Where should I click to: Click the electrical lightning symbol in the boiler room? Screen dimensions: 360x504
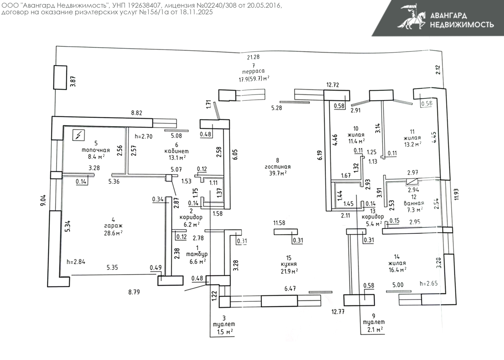coord(79,135)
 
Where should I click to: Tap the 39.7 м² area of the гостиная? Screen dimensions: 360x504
coord(278,173)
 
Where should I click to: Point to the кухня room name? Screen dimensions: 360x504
coord(289,264)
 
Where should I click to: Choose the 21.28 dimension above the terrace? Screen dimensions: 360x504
coord(253,57)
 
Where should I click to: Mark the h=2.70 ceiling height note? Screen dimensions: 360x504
coord(144,136)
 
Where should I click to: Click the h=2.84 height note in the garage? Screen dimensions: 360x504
coord(76,262)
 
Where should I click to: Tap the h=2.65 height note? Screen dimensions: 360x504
coord(428,283)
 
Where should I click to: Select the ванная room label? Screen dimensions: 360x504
coord(414,203)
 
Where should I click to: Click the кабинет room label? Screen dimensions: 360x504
coord(176,151)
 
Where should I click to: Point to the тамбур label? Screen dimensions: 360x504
coord(197,254)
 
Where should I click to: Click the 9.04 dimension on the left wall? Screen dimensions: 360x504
coord(43,200)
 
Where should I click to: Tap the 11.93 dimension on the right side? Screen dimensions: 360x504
coord(456,194)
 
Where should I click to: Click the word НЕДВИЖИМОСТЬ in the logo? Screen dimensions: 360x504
coord(462,25)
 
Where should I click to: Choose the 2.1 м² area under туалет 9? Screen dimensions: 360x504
coord(375,329)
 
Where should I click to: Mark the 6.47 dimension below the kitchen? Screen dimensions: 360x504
coord(290,289)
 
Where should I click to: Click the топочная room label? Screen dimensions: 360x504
coord(96,150)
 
